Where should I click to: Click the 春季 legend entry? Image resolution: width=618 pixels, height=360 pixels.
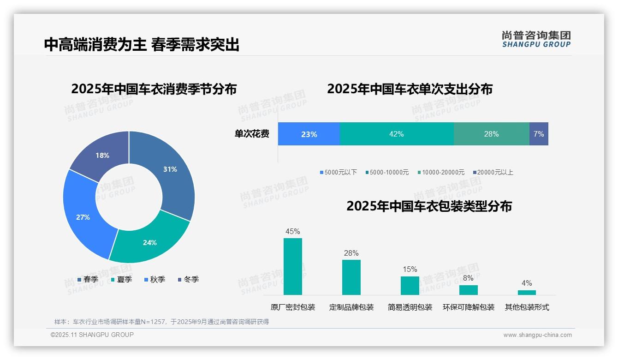click(88, 279)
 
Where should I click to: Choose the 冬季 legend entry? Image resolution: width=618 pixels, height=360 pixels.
click(188, 279)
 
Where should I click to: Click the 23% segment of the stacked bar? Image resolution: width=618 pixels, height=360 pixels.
click(309, 134)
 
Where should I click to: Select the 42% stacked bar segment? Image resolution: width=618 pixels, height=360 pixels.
click(396, 134)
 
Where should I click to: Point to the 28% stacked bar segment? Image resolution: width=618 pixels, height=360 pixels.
click(491, 134)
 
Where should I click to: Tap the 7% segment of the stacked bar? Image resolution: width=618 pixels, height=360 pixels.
click(539, 134)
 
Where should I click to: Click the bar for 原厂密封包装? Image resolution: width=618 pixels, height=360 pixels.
click(293, 266)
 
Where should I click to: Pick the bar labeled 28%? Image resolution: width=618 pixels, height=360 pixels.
click(351, 277)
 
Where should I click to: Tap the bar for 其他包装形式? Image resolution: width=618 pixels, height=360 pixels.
click(527, 292)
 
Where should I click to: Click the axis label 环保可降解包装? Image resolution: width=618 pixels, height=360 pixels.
click(469, 307)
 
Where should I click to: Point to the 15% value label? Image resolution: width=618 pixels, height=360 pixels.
click(410, 269)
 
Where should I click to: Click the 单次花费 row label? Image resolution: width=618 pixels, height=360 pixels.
click(252, 134)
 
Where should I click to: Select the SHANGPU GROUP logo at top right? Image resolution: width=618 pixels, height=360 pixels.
click(536, 39)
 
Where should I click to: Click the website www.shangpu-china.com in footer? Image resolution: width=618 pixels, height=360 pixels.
click(537, 335)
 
